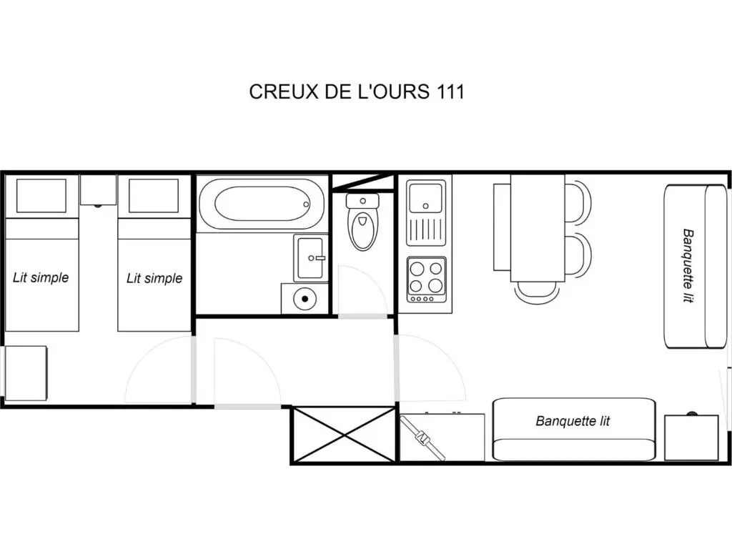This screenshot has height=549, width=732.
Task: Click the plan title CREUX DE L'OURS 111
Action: coord(357,91)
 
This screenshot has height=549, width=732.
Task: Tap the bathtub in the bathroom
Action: coord(262,204)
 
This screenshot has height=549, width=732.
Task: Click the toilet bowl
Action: coord(362,231)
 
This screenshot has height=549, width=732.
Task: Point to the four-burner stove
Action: coord(426,280)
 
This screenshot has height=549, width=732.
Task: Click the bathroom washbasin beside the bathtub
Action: coord(310,257)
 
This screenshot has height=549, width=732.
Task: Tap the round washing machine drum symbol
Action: coord(305,298)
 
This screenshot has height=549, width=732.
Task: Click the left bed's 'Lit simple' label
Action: coord(41,278)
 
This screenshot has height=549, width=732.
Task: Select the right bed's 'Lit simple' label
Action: coord(154,278)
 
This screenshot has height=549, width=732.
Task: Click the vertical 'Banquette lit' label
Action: coord(688,266)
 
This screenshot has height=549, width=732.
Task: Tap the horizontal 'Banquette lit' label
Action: coord(573,421)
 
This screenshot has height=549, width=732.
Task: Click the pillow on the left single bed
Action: coord(41,196)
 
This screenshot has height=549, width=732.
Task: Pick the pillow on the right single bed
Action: coord(154,196)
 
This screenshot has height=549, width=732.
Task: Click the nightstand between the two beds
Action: coord(98,189)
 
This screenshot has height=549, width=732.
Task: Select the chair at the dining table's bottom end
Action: coord(537,292)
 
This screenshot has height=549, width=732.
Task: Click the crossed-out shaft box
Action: coord(344,435)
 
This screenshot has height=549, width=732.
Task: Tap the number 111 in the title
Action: coord(450,91)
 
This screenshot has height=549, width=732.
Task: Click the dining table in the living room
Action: coord(538,228)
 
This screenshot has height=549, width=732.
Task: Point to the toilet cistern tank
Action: coord(362,202)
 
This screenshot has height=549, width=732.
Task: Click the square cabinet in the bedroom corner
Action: coord(26,373)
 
